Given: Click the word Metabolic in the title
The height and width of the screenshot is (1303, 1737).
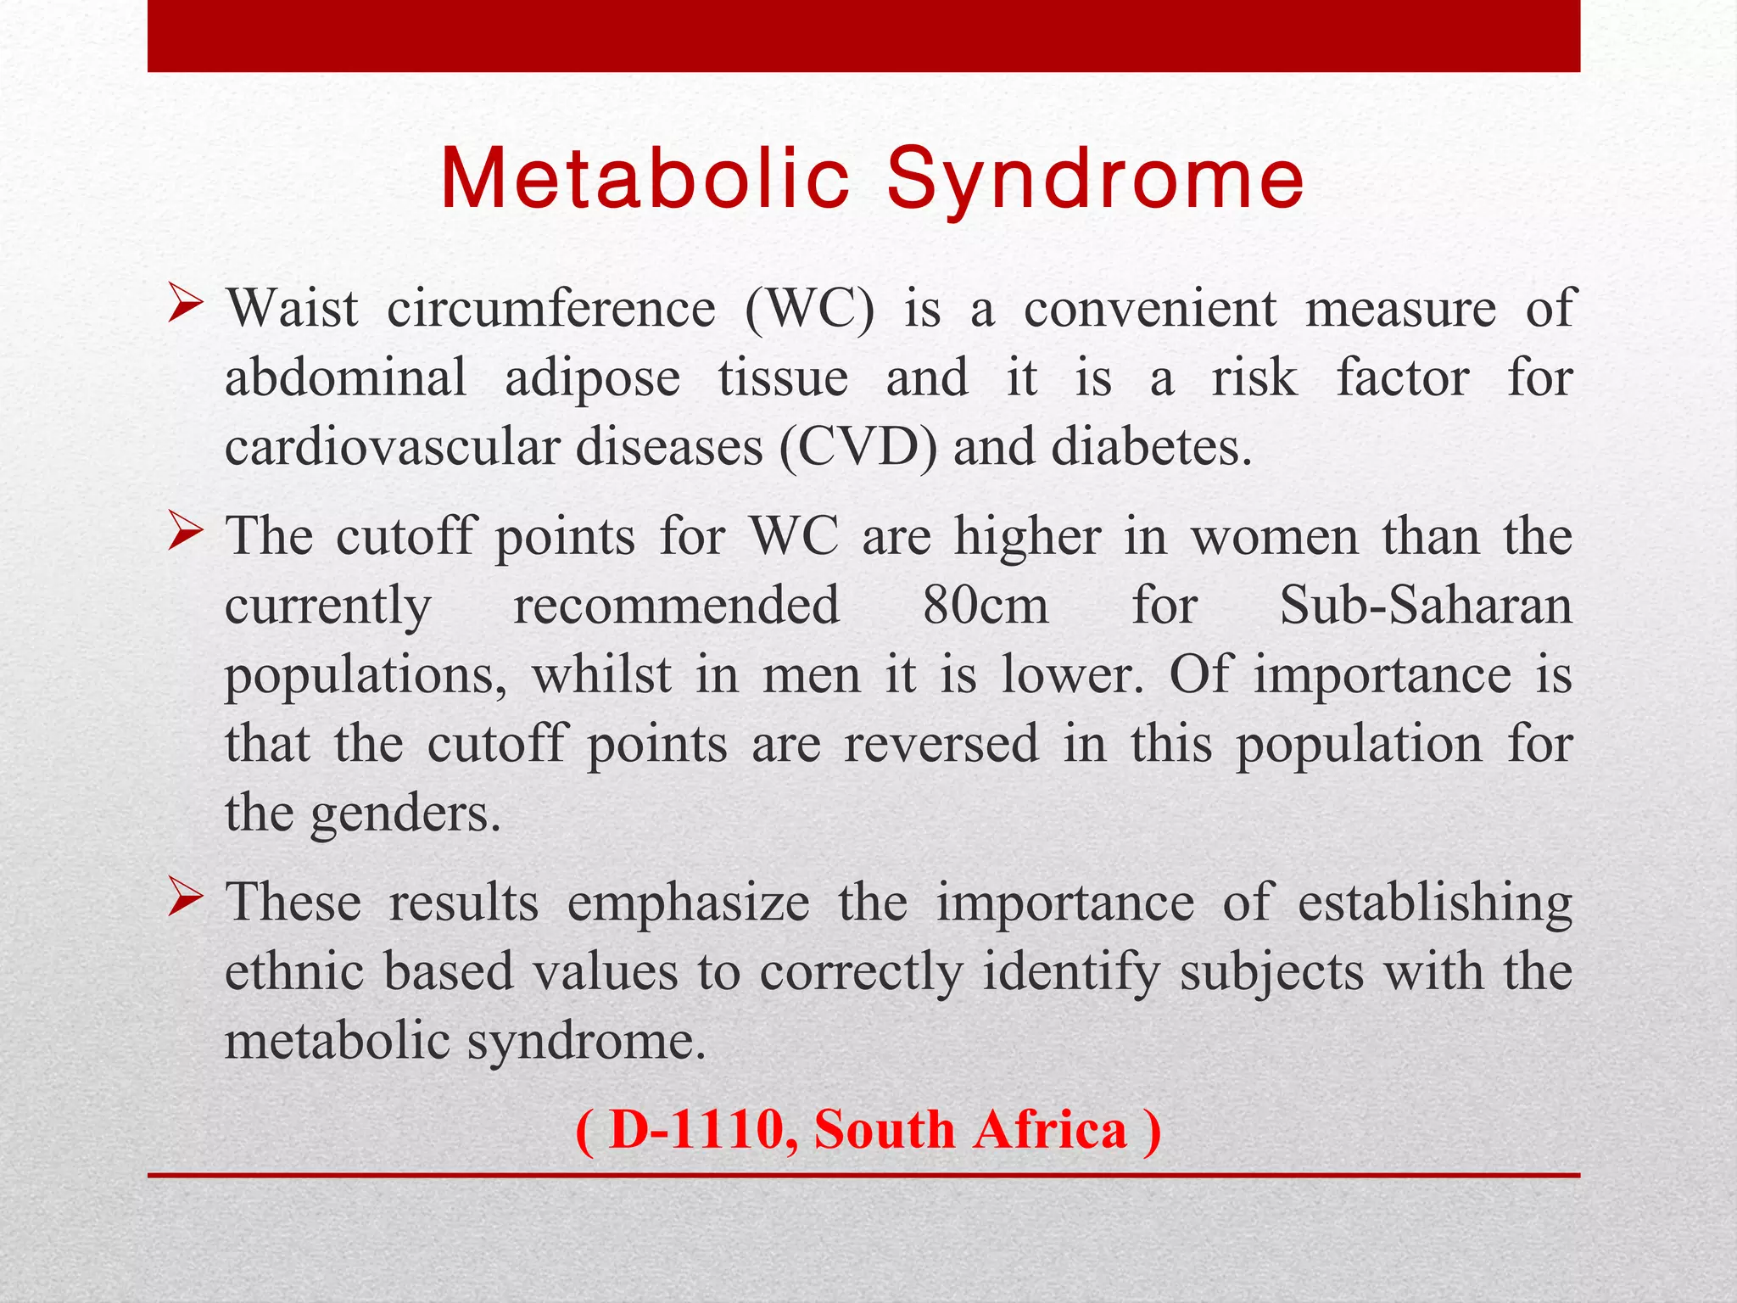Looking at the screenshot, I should click(645, 180).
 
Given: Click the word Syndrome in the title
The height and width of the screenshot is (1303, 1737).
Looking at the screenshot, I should click(1095, 180).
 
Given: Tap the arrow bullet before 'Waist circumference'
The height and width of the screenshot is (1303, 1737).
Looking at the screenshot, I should click(184, 305).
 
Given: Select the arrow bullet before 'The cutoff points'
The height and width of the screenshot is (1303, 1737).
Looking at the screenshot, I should click(184, 534).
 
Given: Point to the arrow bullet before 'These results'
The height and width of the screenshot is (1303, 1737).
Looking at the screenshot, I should click(184, 898).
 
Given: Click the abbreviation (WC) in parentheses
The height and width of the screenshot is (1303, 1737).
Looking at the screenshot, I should click(809, 308).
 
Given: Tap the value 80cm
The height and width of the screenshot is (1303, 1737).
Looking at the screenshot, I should click(986, 606).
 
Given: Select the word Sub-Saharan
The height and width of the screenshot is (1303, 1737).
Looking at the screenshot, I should click(1426, 606).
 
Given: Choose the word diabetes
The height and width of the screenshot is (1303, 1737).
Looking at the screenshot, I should click(1151, 447).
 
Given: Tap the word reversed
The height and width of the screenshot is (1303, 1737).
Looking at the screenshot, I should click(941, 744).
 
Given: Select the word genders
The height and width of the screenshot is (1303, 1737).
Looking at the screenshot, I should click(405, 814).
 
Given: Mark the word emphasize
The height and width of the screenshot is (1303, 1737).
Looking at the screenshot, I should click(688, 902).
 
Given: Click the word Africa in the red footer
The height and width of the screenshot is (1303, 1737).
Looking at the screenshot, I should click(1049, 1130).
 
